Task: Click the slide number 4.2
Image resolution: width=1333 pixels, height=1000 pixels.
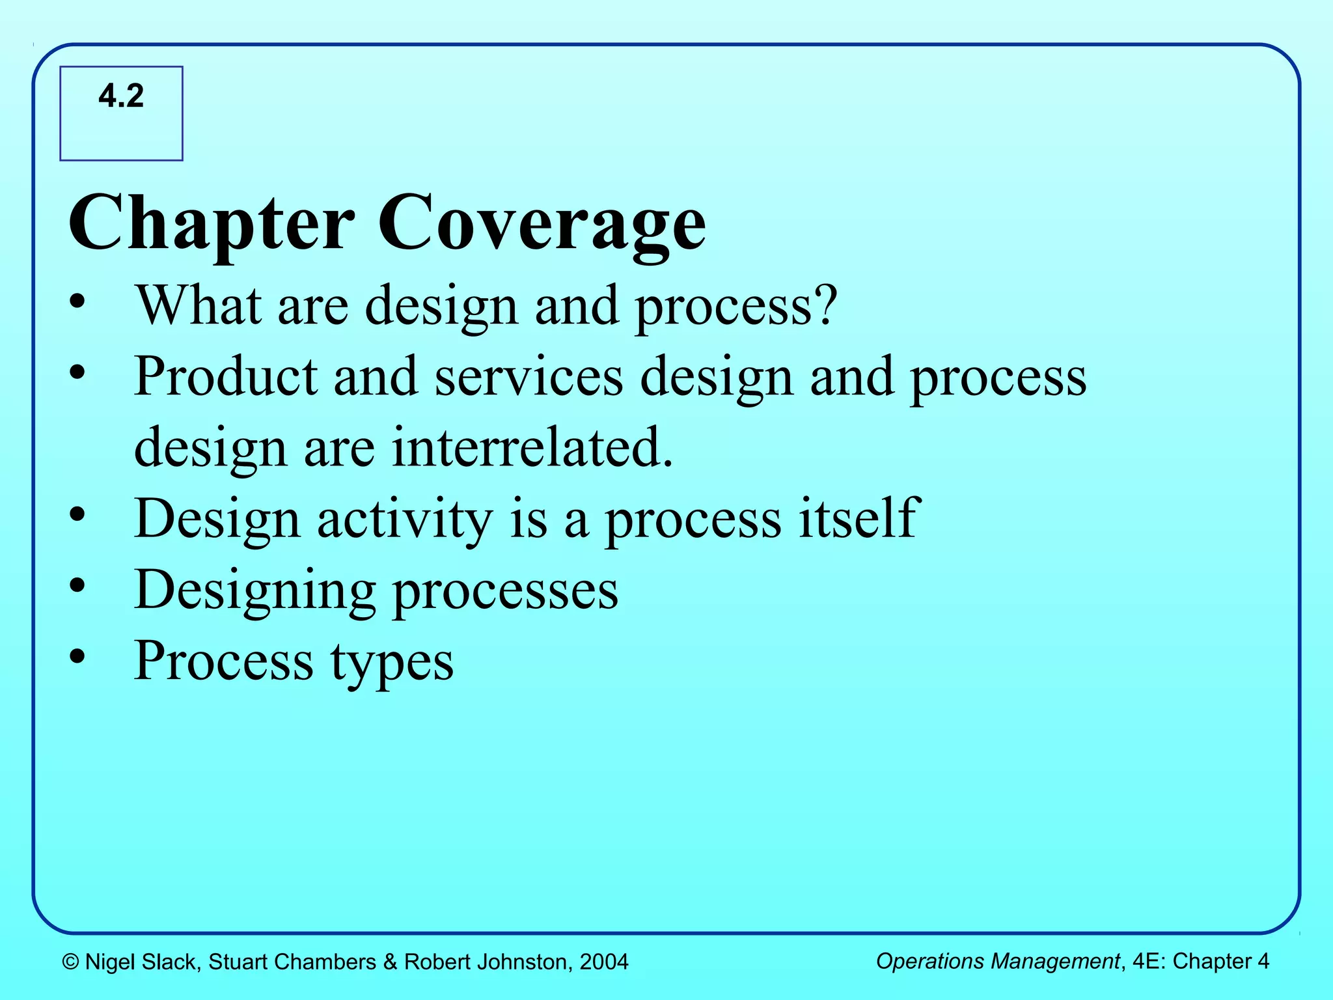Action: (121, 96)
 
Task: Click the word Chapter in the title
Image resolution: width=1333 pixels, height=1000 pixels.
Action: (212, 223)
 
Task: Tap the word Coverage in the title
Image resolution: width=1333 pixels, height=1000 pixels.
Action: (542, 223)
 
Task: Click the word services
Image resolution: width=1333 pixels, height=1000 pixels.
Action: (529, 377)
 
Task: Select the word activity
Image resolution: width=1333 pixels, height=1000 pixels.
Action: (405, 519)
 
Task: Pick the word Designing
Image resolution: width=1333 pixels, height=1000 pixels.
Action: (254, 590)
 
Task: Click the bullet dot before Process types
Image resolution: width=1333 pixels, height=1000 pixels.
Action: (77, 657)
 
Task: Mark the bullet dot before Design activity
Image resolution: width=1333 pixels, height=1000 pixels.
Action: (77, 515)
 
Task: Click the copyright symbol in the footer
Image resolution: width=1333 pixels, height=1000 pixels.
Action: (71, 962)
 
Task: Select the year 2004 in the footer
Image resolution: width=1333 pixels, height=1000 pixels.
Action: (603, 962)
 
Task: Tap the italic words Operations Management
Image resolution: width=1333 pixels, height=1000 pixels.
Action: (997, 961)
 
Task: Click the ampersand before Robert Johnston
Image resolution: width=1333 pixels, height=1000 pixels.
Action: (390, 962)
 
